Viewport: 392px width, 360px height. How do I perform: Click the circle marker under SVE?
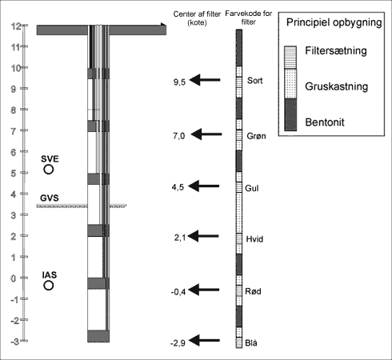point(49,165)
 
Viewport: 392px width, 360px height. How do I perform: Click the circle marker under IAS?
point(49,281)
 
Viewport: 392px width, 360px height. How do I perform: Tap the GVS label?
point(50,198)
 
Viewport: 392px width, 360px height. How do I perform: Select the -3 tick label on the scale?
point(15,342)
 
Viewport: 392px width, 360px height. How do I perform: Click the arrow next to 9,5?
point(205,80)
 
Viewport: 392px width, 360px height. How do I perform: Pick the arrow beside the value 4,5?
point(204,186)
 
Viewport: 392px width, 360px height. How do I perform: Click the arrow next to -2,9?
point(204,340)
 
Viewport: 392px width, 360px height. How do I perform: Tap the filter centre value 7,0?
point(179,136)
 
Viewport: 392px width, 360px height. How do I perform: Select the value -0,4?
point(178,292)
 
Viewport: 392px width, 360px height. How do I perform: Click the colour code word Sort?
point(255,81)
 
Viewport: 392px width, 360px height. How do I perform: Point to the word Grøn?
point(256,136)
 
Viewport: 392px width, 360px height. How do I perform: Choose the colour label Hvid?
point(254,239)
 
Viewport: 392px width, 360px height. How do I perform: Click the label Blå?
point(251,342)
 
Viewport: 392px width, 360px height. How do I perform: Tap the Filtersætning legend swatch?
point(290,58)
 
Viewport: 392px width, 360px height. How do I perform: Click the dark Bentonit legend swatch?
point(290,114)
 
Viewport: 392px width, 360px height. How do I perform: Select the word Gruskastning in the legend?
point(337,86)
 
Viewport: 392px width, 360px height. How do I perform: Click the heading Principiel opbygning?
point(334,22)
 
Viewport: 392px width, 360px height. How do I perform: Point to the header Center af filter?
point(197,14)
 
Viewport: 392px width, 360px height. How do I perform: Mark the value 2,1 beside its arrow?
point(180,238)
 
